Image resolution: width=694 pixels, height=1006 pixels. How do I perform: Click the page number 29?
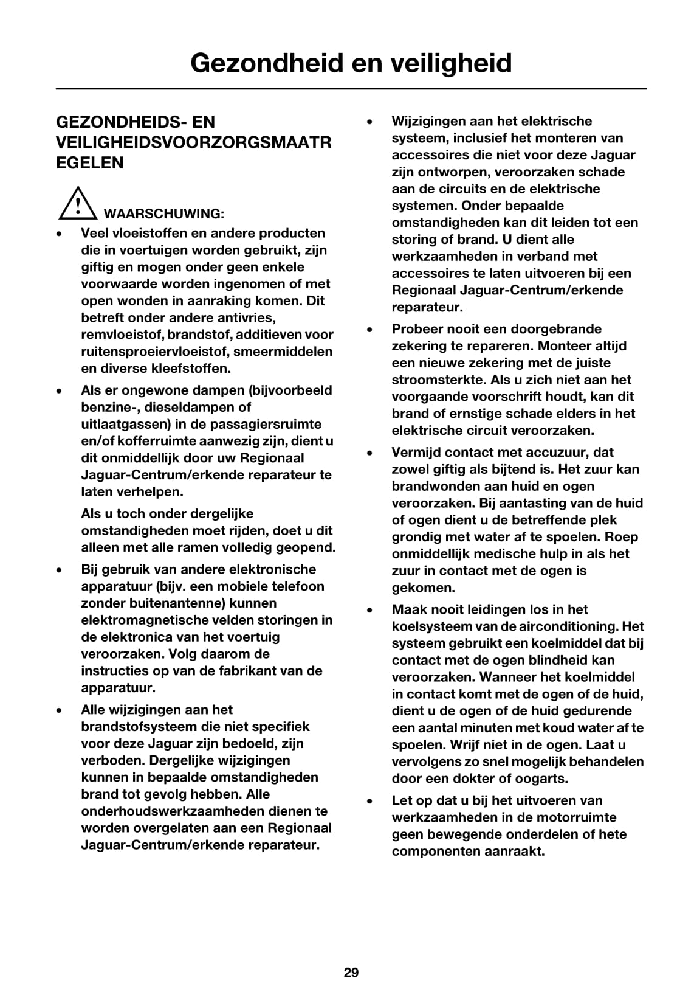[x=351, y=973]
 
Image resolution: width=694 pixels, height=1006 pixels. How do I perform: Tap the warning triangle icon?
[x=78, y=204]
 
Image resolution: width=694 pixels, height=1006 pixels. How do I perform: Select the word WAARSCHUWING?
[x=164, y=213]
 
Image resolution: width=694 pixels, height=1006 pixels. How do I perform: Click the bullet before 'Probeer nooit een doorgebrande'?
[x=369, y=330]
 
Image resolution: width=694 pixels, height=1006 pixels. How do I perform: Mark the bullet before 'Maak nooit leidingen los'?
[x=369, y=610]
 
